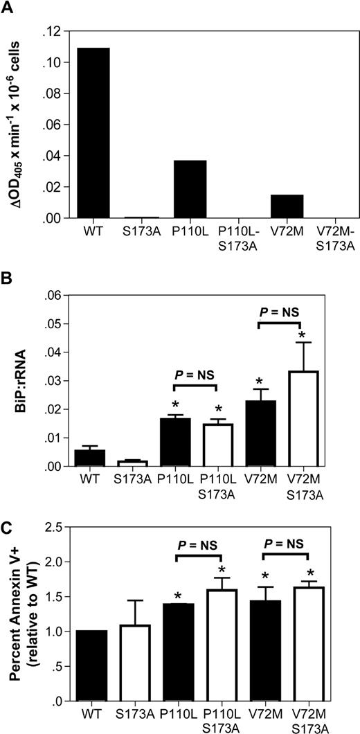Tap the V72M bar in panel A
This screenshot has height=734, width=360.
(283, 206)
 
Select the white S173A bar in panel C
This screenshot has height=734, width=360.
(127, 663)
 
